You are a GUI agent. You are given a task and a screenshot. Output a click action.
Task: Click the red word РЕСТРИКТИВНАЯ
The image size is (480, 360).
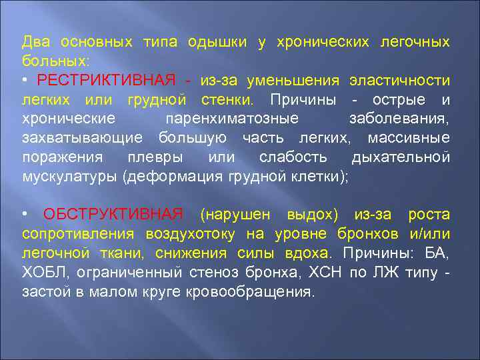coord(107,81)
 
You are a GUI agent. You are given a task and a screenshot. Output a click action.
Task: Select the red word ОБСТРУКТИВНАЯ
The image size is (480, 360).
coord(113,214)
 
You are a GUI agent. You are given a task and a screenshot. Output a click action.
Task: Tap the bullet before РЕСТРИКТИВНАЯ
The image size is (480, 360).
coord(25,81)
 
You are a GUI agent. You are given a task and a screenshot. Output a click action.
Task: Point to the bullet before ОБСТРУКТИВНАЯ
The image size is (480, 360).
coord(25,214)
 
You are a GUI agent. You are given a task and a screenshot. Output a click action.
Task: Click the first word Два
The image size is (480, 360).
coord(35,42)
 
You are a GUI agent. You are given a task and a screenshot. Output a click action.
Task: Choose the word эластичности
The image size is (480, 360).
coord(400,81)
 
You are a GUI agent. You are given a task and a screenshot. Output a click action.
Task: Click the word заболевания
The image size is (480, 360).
coord(399,119)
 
